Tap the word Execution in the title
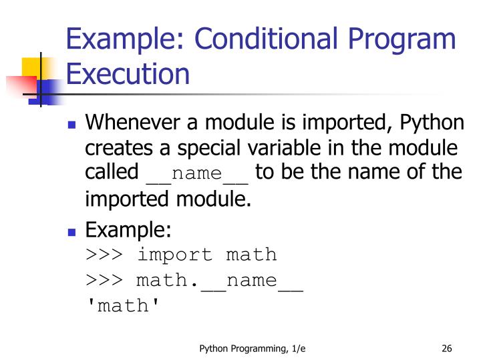(x=128, y=73)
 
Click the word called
(x=112, y=171)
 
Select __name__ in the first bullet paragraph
(x=197, y=173)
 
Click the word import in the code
(x=177, y=254)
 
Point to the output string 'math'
(x=124, y=306)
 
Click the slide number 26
(x=448, y=347)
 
